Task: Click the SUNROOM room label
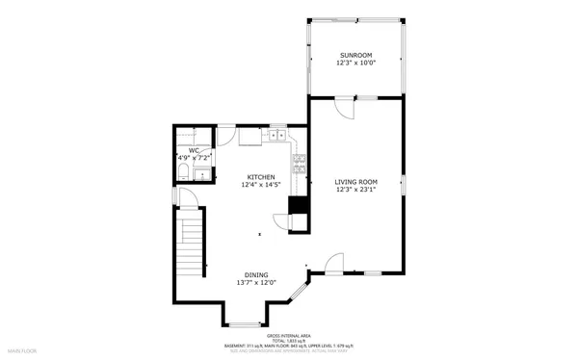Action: tap(355, 56)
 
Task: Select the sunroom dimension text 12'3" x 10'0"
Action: tap(355, 64)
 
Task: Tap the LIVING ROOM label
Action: tap(355, 182)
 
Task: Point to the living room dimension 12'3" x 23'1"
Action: tap(355, 191)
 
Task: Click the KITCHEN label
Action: tap(261, 177)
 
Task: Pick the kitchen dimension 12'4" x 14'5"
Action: tap(261, 186)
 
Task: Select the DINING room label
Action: tap(256, 274)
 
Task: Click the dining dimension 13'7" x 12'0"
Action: tap(256, 283)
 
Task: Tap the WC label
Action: tap(194, 149)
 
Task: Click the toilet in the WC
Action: tap(182, 173)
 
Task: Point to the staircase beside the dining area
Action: tap(190, 245)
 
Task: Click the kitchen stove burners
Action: tap(299, 158)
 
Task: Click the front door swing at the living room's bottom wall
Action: tap(334, 262)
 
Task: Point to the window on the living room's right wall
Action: tap(405, 185)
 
